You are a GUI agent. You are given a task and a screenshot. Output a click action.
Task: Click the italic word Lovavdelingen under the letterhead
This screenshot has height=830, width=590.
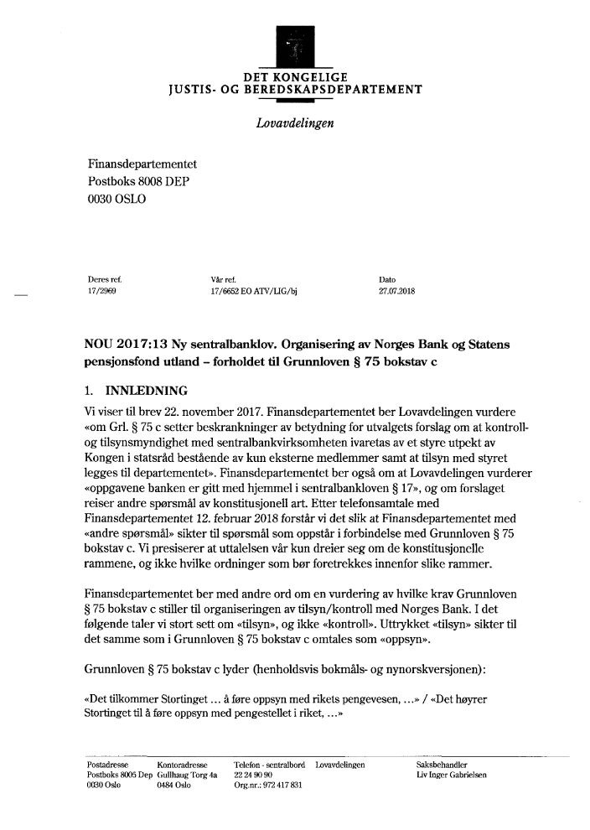[x=294, y=123]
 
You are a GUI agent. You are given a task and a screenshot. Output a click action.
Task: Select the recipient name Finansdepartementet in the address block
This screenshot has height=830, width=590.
[x=142, y=165]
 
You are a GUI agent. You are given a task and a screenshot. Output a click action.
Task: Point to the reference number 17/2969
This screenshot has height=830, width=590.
[x=101, y=293]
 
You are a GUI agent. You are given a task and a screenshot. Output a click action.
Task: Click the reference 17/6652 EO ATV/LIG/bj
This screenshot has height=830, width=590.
[x=256, y=293]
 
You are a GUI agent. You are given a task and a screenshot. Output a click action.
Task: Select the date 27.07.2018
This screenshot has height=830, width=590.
[x=398, y=293]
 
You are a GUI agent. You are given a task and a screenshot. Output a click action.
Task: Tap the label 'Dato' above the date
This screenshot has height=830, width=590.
[x=387, y=279]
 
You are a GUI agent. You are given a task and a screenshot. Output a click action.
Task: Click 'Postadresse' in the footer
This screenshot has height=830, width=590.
[x=106, y=765]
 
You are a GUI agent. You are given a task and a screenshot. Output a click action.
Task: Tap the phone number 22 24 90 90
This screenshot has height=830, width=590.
[x=253, y=776]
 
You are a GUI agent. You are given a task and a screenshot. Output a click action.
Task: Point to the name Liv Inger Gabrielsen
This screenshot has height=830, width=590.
[x=452, y=776]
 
